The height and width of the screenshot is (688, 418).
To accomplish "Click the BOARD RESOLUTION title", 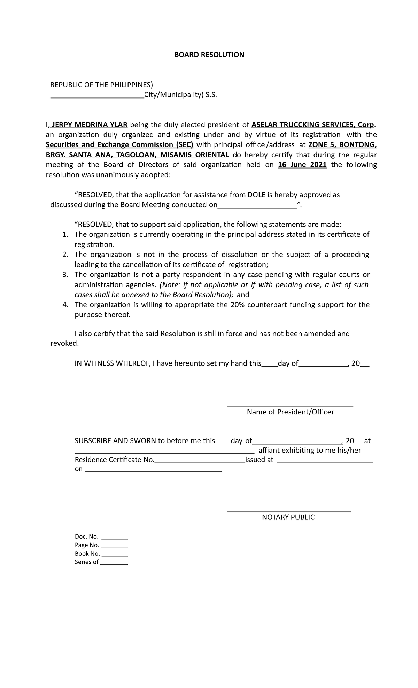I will tap(209, 55).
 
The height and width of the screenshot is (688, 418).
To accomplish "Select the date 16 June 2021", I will tap(302, 165).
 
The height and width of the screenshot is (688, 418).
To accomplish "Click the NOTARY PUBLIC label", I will tap(288, 517).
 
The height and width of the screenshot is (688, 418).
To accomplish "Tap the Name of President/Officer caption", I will tap(290, 412).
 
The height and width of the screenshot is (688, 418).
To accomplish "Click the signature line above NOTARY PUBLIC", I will tap(289, 511).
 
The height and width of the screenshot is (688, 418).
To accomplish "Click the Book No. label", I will tap(87, 553).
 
